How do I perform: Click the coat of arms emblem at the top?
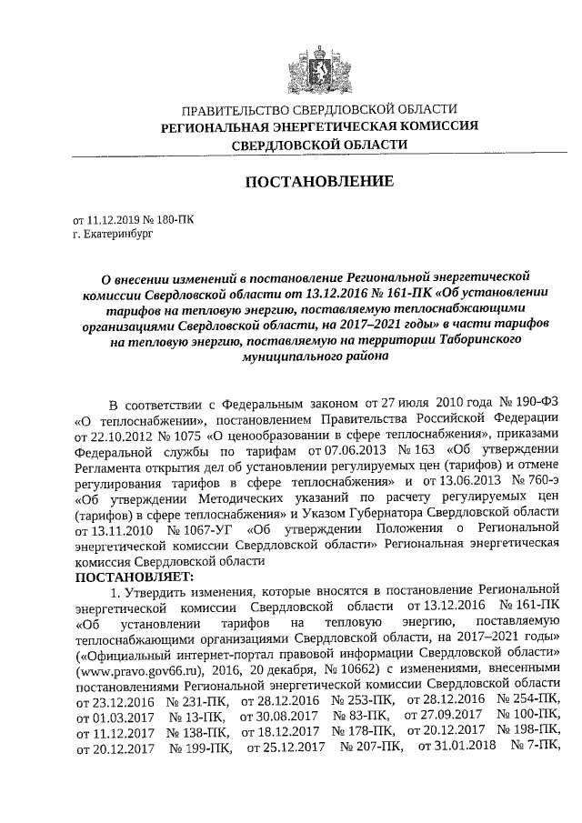click(303, 69)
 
